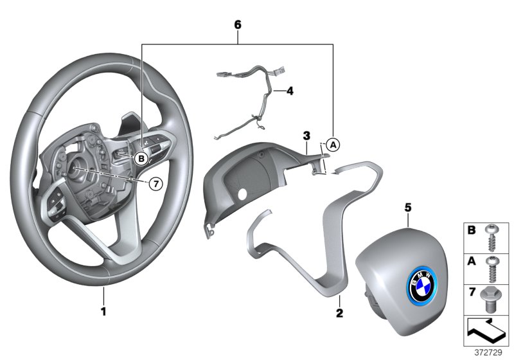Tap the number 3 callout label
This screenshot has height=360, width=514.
[307, 136]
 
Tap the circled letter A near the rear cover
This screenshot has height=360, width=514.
[333, 145]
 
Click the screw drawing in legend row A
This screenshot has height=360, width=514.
[493, 269]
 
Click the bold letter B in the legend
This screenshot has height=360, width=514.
[470, 230]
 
